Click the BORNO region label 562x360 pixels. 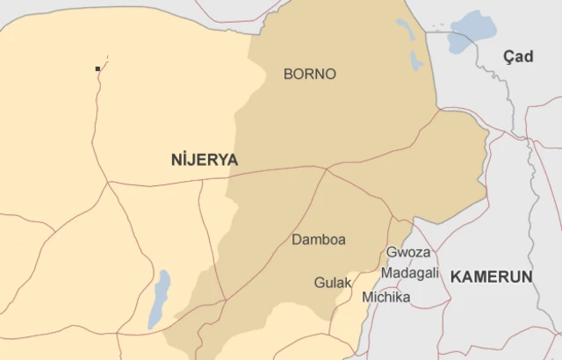[x=309, y=75]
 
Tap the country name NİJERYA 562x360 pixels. [x=205, y=160]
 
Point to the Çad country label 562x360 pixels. [x=517, y=56]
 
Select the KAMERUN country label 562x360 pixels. [x=492, y=277]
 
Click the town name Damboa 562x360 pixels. [x=318, y=240]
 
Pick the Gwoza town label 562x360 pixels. [x=408, y=252]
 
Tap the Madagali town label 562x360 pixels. [x=410, y=273]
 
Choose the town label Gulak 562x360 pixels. [x=333, y=283]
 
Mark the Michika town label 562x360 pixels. [x=385, y=298]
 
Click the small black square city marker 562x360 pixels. [x=97, y=68]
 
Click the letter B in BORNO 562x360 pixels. [x=289, y=75]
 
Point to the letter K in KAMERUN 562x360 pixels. [x=456, y=277]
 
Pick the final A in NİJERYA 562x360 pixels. [x=232, y=160]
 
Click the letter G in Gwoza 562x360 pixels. [x=392, y=252]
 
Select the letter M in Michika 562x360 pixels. [x=367, y=298]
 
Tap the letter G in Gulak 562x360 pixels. [x=320, y=283]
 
